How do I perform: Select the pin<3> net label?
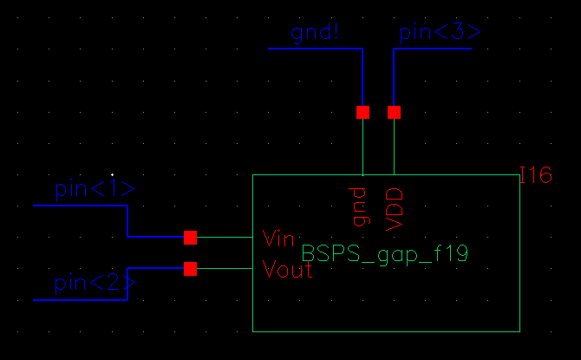[x=439, y=34]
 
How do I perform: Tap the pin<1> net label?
[x=95, y=188]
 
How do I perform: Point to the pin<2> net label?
[x=95, y=283]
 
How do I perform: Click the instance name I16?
[x=536, y=177]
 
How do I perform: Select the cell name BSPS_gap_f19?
[x=385, y=253]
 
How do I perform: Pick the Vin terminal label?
[x=279, y=237]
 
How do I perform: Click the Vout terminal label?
[x=287, y=270]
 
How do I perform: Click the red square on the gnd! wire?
[x=362, y=112]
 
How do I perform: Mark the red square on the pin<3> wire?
[x=395, y=112]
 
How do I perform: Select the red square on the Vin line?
[x=191, y=237]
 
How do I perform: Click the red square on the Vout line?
[x=191, y=269]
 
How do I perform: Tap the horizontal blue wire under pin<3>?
[x=433, y=49]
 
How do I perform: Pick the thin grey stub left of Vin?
[x=225, y=237]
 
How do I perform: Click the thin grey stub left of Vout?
[x=225, y=269]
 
